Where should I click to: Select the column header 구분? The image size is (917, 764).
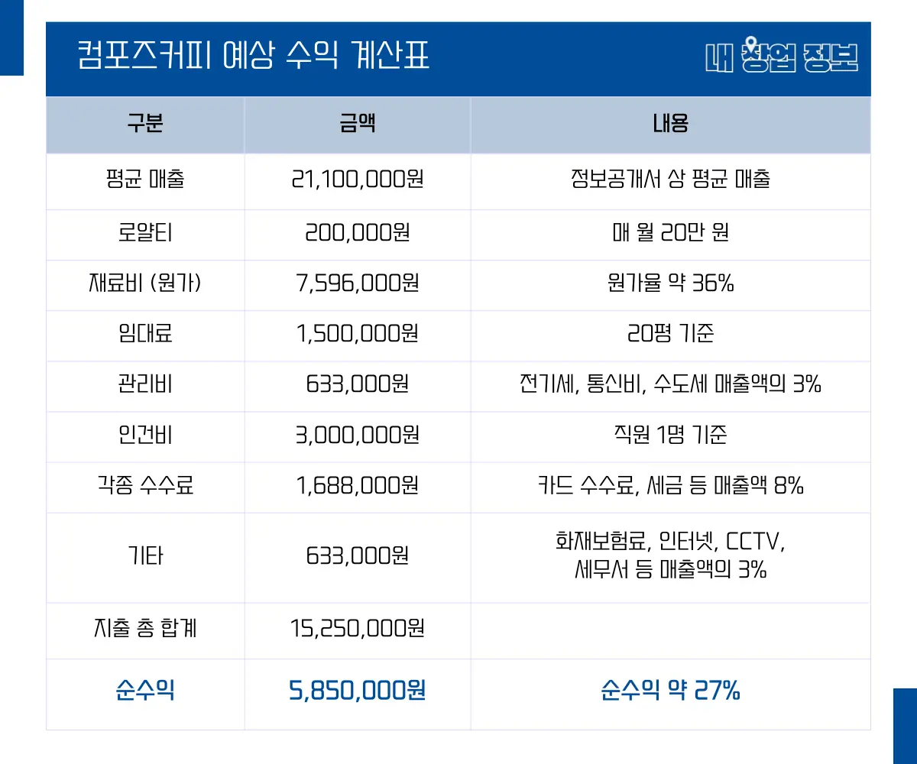(x=145, y=125)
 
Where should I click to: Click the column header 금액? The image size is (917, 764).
(x=357, y=125)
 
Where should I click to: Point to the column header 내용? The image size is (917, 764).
(x=669, y=125)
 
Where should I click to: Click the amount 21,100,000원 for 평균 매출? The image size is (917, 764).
(x=357, y=180)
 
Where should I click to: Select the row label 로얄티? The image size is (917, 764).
(x=145, y=232)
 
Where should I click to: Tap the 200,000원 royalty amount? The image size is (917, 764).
(x=357, y=232)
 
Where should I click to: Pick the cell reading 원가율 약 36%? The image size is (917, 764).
(x=669, y=283)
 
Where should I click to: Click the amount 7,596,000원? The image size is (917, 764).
(x=357, y=283)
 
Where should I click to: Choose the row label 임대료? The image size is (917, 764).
(x=145, y=334)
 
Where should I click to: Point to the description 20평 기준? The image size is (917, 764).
(x=669, y=334)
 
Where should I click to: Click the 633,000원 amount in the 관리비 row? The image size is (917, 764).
(x=357, y=384)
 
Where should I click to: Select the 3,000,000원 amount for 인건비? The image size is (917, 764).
(x=357, y=435)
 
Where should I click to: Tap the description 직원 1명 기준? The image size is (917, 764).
(x=669, y=435)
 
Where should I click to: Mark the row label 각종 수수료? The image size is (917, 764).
(x=145, y=485)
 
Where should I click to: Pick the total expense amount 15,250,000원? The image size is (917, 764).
(x=357, y=629)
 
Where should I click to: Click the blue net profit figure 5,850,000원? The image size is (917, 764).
(x=357, y=691)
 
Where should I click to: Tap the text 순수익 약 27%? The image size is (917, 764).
(x=669, y=691)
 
